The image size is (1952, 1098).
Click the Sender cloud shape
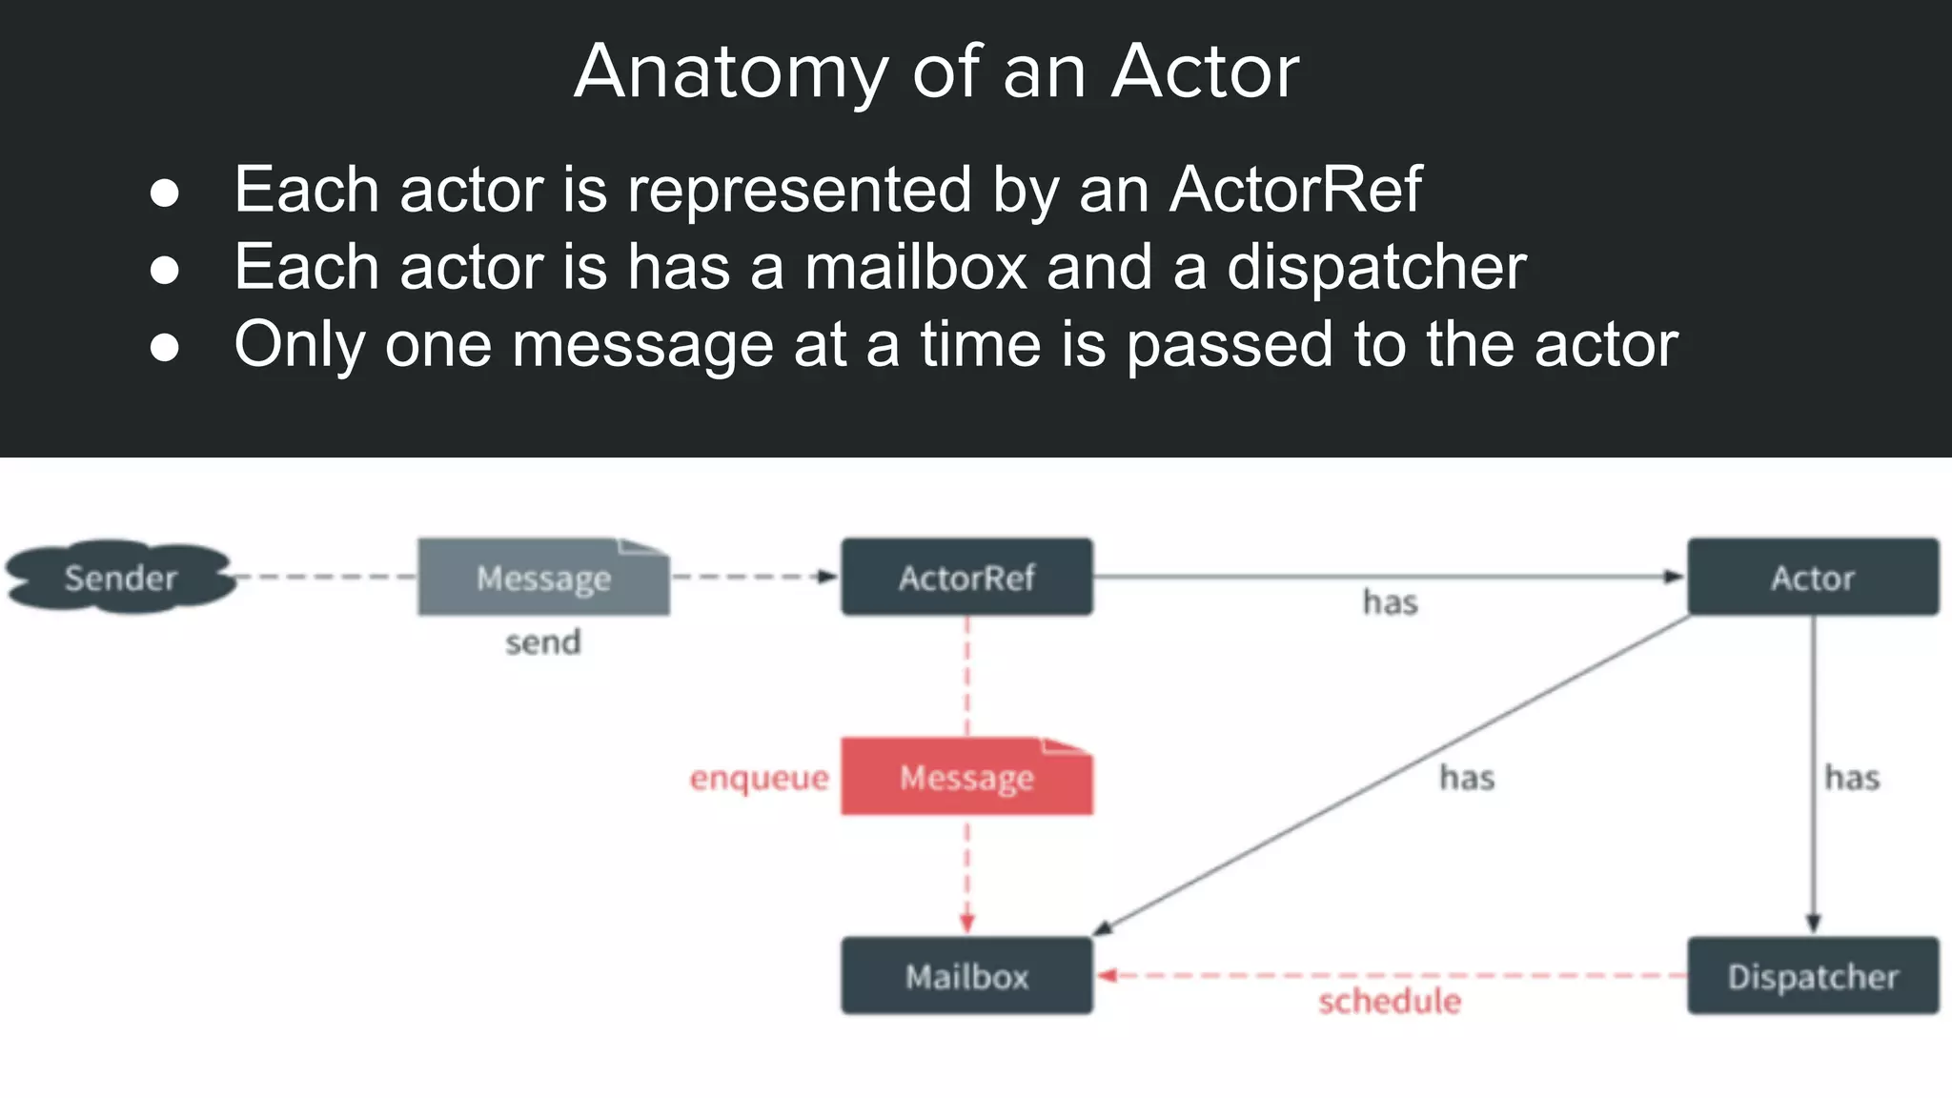(x=120, y=577)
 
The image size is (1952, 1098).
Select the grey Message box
(x=543, y=578)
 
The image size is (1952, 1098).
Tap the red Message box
(x=966, y=777)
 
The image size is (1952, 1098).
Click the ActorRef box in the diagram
(x=966, y=577)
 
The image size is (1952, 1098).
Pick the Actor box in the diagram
(x=1813, y=577)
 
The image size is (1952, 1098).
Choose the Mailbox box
(x=966, y=976)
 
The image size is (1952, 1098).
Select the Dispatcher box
(x=1813, y=976)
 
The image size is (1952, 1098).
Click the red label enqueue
(x=760, y=778)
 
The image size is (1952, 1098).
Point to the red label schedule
(x=1390, y=1001)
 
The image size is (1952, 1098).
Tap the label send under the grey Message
(x=543, y=641)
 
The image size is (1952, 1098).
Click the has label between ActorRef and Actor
(x=1391, y=602)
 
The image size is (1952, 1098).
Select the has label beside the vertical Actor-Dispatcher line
(x=1852, y=778)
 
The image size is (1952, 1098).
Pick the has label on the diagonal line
(x=1467, y=778)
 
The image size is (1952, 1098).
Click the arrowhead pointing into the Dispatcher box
(x=1813, y=924)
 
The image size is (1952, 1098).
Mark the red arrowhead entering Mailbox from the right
(x=1107, y=975)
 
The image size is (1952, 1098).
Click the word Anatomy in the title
(x=731, y=71)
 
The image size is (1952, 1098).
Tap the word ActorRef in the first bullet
(x=1295, y=189)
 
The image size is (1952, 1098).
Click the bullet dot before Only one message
(x=165, y=347)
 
